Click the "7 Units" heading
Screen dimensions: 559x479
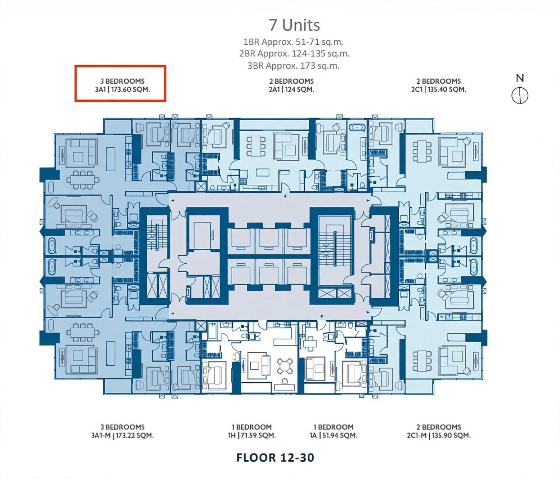coord(294,25)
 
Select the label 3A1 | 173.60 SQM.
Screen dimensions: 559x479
coord(122,89)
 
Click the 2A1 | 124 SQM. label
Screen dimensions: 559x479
coord(291,89)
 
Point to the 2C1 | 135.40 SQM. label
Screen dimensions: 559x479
coord(439,89)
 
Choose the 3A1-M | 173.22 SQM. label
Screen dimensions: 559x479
coord(122,435)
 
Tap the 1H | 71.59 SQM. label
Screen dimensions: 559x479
coord(251,435)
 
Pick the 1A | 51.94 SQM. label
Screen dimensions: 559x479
coord(333,435)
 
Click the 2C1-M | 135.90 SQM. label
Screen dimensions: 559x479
coord(439,435)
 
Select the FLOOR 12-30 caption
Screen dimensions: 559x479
coord(275,458)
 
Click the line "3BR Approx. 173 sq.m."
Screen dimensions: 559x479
coord(294,66)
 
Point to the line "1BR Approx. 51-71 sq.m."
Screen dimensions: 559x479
coord(294,42)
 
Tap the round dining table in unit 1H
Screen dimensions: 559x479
coord(285,366)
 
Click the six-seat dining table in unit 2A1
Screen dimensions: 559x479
coord(256,146)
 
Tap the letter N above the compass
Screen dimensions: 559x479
coord(520,78)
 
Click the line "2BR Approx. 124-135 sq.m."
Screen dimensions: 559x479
coord(294,54)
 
